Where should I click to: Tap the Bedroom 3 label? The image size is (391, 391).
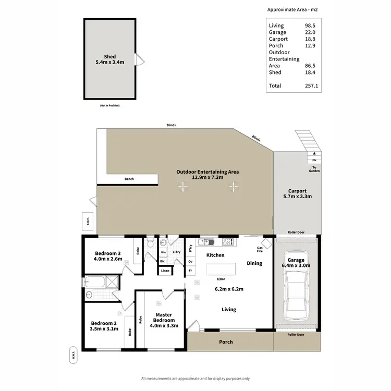(x=108, y=253)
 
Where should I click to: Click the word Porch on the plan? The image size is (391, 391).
(x=226, y=342)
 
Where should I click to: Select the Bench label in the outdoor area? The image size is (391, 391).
(x=129, y=179)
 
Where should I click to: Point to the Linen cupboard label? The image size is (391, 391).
(x=165, y=271)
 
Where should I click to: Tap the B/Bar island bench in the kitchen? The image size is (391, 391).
(x=221, y=269)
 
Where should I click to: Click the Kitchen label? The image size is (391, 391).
(x=215, y=255)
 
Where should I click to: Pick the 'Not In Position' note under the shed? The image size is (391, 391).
(x=109, y=106)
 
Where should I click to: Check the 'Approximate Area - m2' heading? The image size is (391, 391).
(x=292, y=9)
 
